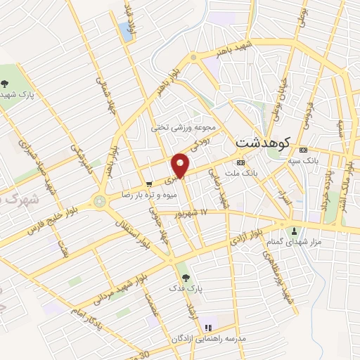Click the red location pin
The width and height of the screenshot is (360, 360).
(181, 165)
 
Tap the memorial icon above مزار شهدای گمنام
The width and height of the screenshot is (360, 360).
(294, 231)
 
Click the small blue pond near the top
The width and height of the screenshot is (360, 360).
(126, 30)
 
